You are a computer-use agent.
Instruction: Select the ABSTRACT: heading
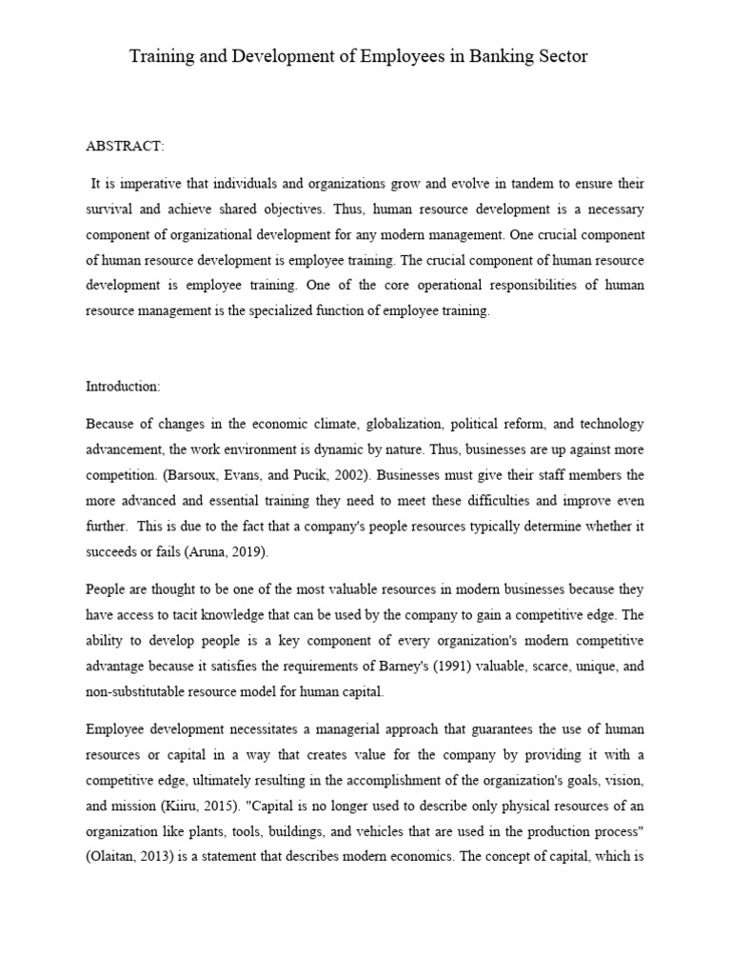coord(125,147)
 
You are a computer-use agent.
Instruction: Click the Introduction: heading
coord(123,387)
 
